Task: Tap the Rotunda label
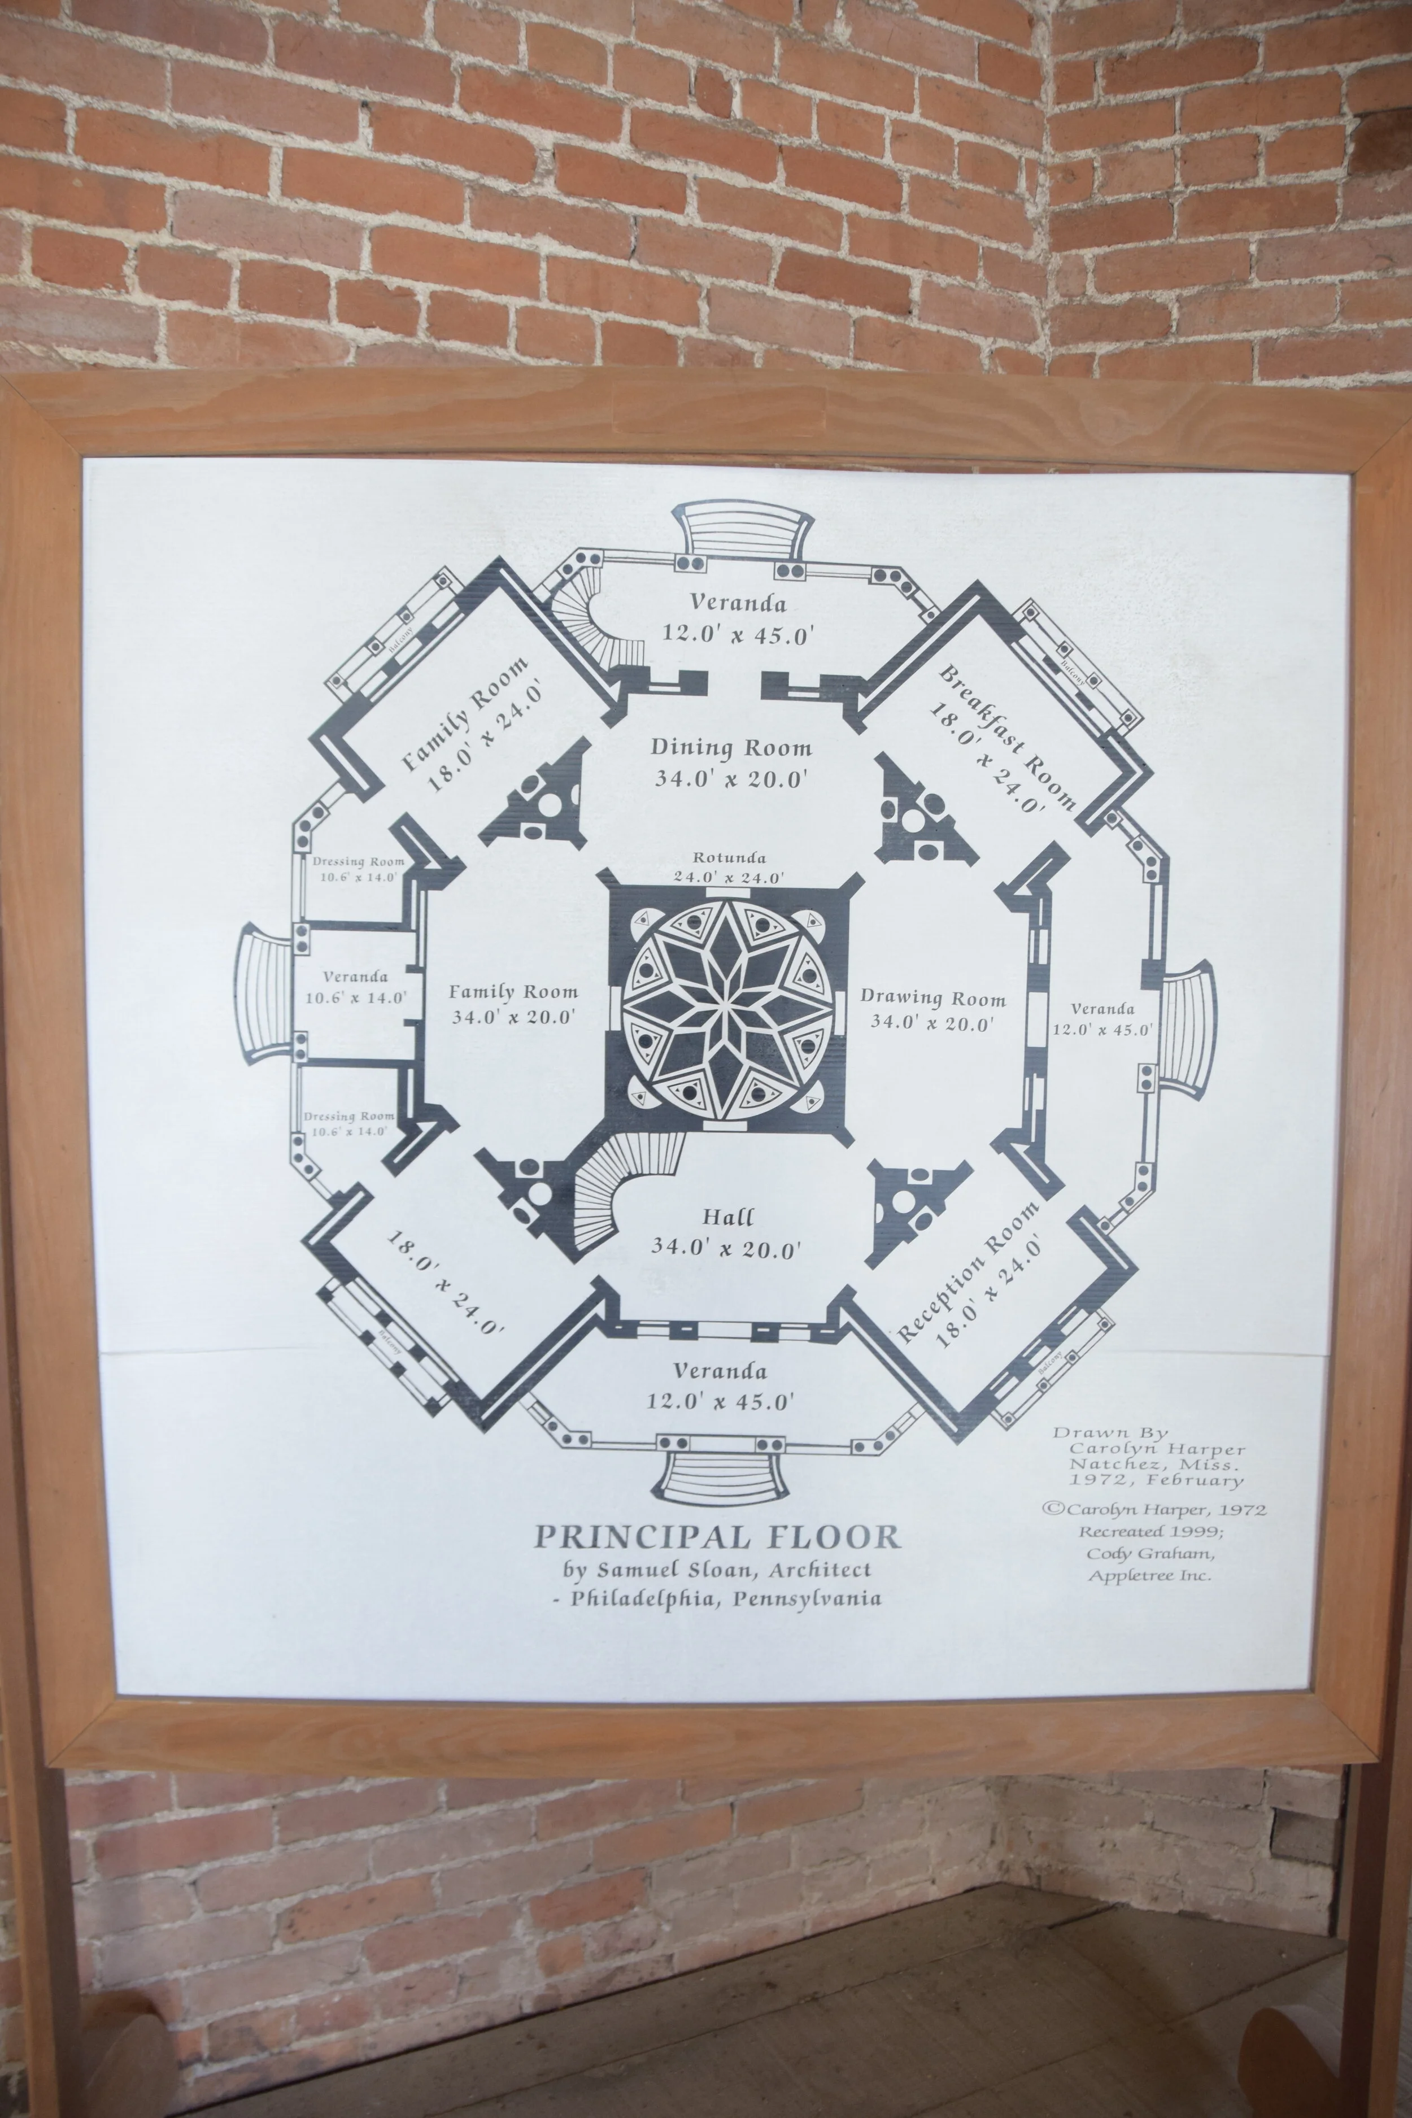[729, 858]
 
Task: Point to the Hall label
[727, 1218]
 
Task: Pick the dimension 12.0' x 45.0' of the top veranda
[738, 634]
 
